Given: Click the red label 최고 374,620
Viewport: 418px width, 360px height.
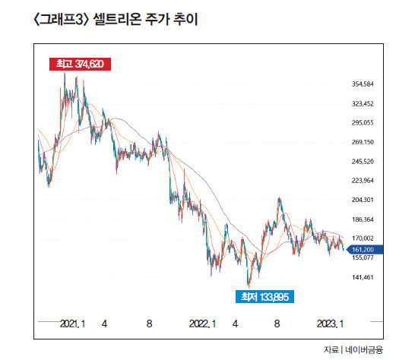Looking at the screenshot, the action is coord(80,64).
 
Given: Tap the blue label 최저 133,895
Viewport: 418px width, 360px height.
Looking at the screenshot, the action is coord(264,296).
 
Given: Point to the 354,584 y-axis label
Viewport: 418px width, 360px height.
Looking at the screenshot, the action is coord(363,84).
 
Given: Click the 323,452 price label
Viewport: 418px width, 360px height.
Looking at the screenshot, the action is coord(363,103).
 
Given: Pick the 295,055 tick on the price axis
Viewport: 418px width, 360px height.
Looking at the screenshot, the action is coord(363,122).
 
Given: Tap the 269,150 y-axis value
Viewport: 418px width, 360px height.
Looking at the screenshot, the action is coord(363,142).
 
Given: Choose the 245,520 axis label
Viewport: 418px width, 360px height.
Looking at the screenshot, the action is coord(363,162).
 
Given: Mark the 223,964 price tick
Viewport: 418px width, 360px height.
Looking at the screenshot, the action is coord(363,181).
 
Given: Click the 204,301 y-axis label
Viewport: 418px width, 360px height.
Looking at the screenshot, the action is coord(363,200).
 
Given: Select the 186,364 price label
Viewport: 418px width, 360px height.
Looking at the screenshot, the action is coord(363,219).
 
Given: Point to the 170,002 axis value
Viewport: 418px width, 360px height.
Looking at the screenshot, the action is coord(363,238).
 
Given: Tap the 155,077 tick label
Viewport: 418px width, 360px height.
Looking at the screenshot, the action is coord(363,257).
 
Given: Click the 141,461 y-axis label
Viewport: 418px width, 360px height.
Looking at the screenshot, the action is coord(363,277).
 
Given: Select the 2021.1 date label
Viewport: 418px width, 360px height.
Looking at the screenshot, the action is coord(72,324).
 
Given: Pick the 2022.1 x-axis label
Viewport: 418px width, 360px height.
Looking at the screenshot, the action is coord(202,324).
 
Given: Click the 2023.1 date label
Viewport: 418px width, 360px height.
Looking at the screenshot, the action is coord(330,324).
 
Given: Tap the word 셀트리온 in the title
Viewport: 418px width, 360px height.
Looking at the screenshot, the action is coord(117,19).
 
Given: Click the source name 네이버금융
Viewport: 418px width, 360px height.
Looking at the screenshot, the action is coord(364,349).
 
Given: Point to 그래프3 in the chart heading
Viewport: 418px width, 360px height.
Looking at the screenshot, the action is coord(62,20).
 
